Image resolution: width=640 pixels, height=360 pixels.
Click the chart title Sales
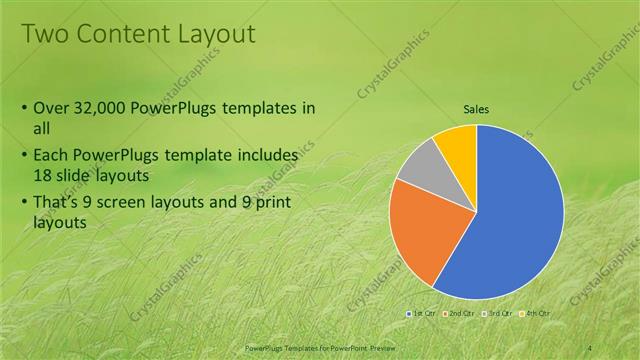(476, 111)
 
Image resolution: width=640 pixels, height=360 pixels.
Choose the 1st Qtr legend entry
(421, 314)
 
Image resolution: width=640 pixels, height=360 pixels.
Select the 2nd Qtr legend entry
(459, 314)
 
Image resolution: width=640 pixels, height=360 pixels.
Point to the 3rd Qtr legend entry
(497, 314)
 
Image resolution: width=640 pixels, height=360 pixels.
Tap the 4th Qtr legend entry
(534, 314)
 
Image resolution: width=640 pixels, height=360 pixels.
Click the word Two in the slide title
(44, 34)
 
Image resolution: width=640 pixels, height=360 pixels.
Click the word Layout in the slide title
(216, 34)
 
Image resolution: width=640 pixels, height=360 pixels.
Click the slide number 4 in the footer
(591, 346)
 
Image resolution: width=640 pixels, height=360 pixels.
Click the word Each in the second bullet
(52, 156)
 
